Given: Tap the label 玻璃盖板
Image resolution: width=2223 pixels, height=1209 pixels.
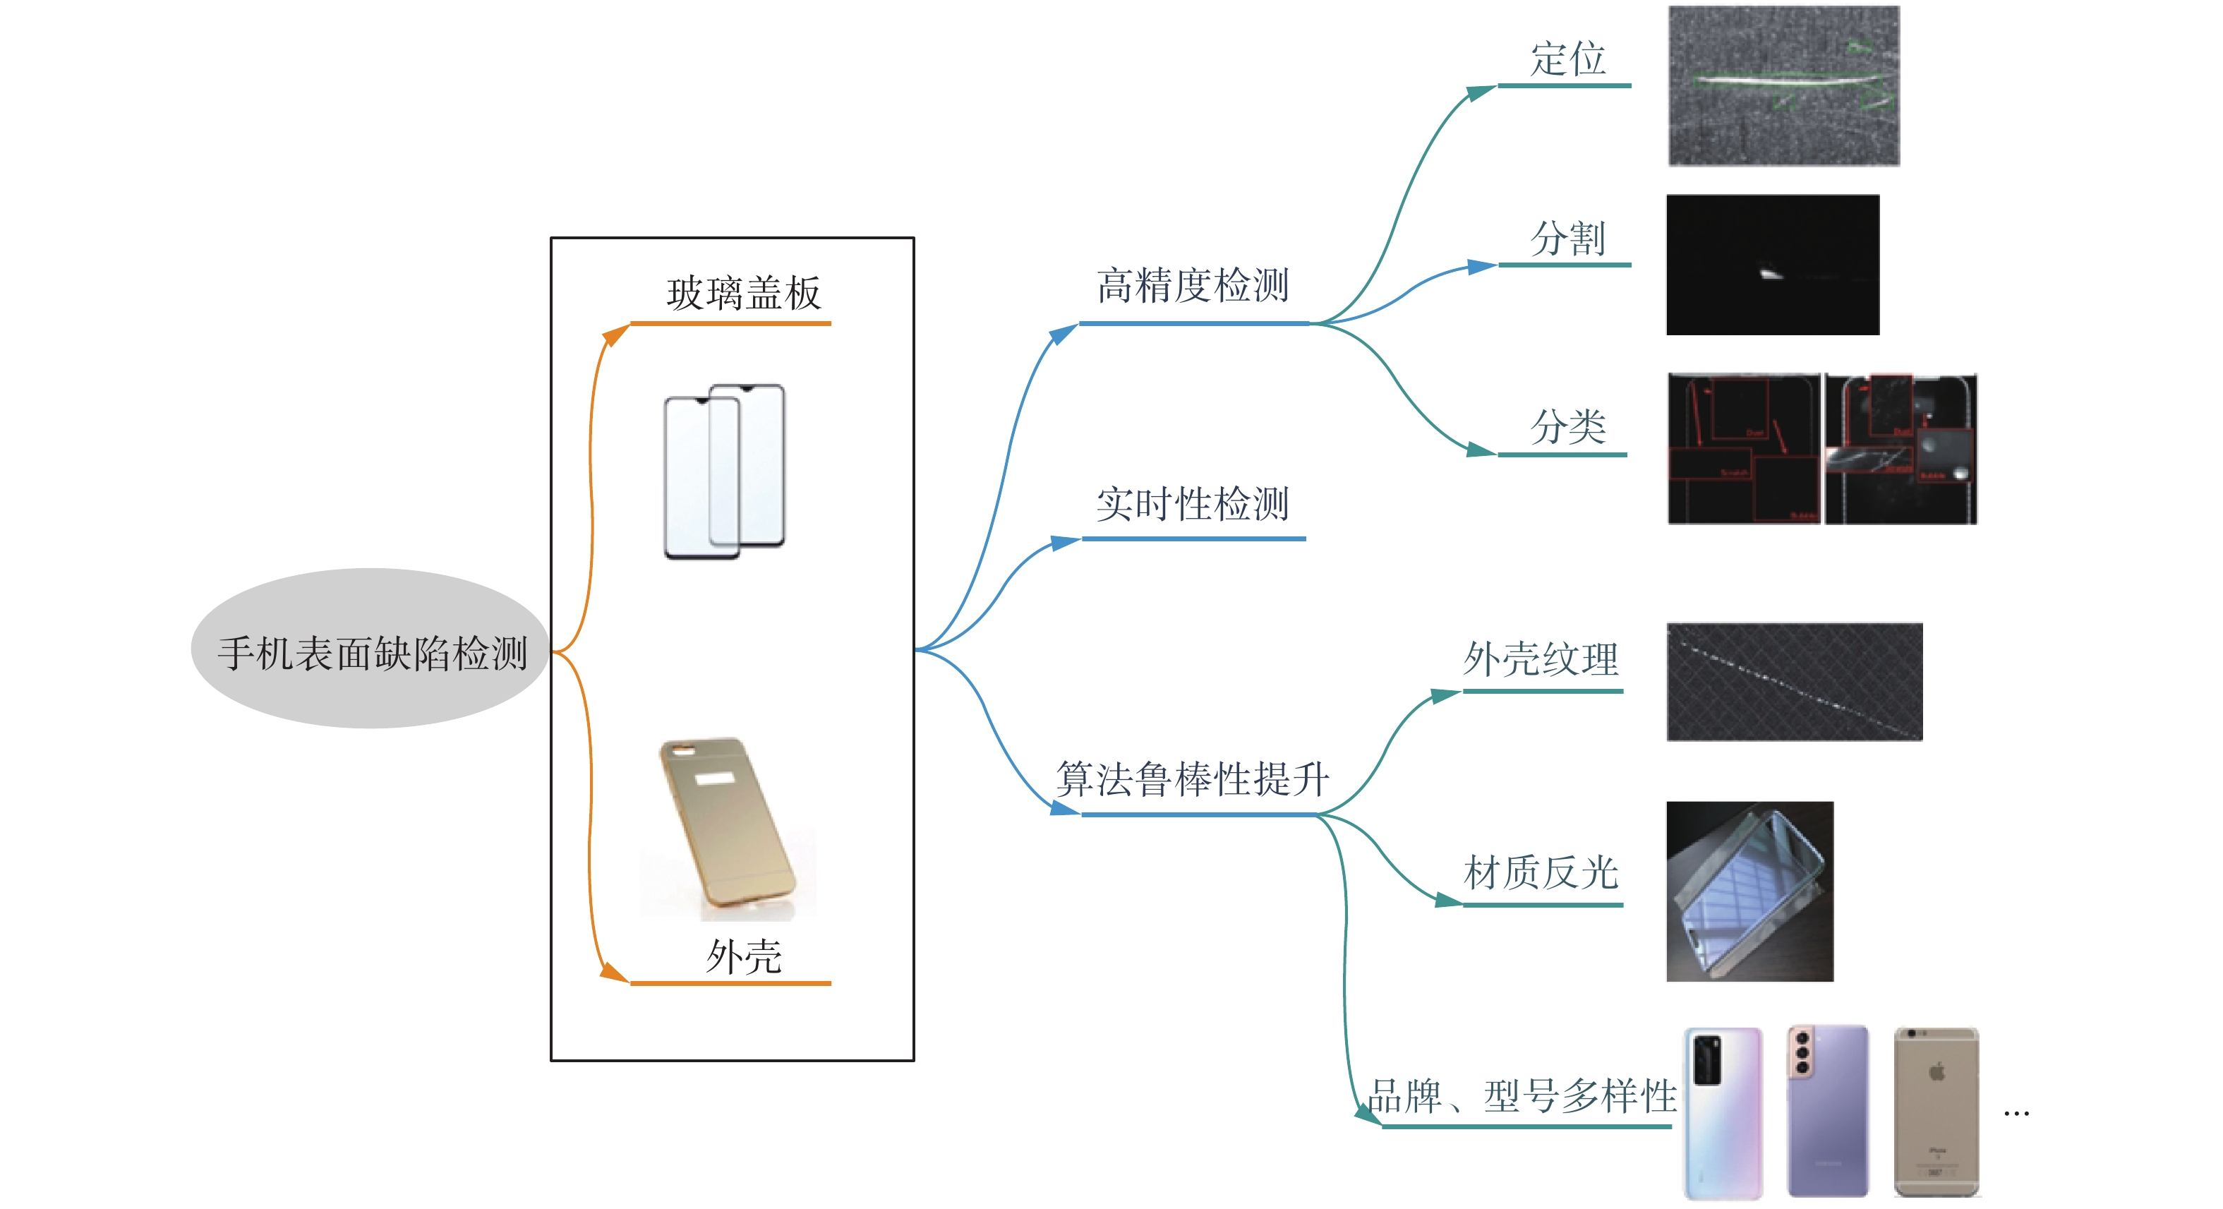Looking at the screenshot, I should (x=743, y=294).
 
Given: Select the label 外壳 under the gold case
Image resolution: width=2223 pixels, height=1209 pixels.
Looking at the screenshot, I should (x=743, y=957).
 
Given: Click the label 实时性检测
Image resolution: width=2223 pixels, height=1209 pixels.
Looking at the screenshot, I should (x=1193, y=504).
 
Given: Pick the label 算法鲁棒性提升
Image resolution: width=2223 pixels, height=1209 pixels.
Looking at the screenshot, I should (x=1193, y=779).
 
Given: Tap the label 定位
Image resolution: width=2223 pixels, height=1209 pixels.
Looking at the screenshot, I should (x=1567, y=59).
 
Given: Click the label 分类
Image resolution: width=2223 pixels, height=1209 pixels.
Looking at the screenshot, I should (x=1567, y=427).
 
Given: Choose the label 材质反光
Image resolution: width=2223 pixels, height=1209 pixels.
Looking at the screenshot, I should (x=1541, y=873).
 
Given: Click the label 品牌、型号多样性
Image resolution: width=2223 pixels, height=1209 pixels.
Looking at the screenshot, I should (x=1522, y=1097).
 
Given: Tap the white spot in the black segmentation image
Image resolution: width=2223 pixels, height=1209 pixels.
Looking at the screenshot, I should (x=1770, y=275).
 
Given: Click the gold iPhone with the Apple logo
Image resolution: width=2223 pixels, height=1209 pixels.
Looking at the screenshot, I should (x=1936, y=1112).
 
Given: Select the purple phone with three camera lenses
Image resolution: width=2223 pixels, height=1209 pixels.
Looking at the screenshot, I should (x=1827, y=1112).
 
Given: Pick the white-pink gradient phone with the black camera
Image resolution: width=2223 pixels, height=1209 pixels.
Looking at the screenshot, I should (x=1723, y=1113).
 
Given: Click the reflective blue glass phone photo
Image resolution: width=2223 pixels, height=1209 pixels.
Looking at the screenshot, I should (x=1749, y=891).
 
